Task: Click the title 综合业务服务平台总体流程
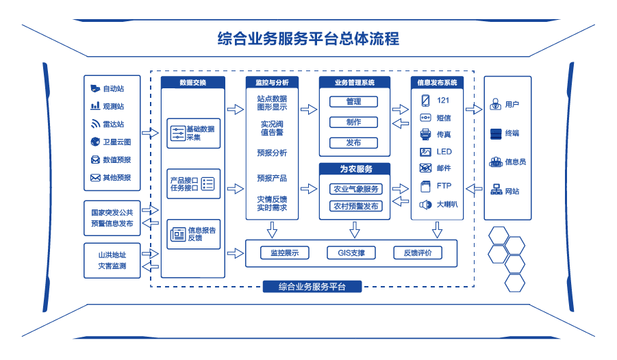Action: click(x=307, y=38)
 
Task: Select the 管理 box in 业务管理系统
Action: click(x=354, y=101)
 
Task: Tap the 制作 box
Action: click(x=354, y=122)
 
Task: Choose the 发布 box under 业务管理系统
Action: click(x=354, y=142)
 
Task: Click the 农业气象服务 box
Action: click(x=355, y=189)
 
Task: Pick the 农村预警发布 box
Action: click(x=355, y=205)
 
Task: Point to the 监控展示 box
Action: click(x=284, y=253)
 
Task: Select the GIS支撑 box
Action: click(x=351, y=253)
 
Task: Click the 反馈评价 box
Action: click(x=417, y=253)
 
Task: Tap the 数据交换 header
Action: click(x=192, y=82)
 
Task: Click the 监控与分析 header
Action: click(x=272, y=82)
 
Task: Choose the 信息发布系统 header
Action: click(x=437, y=82)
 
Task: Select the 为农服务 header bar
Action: click(x=355, y=168)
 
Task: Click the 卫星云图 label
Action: click(x=116, y=142)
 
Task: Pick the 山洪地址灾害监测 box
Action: click(x=112, y=260)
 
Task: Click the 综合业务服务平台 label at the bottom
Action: click(x=312, y=287)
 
